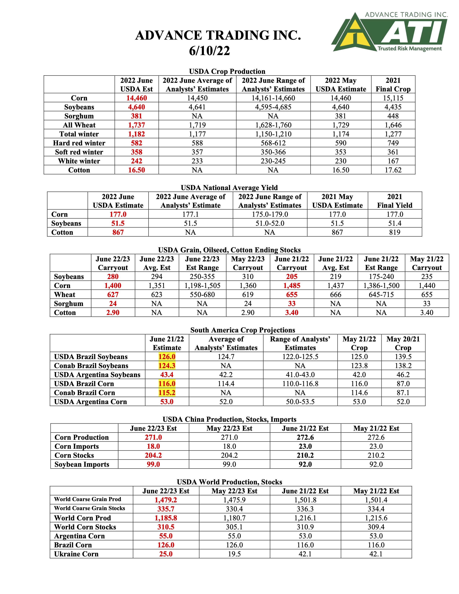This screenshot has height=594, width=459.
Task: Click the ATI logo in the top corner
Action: [389, 32]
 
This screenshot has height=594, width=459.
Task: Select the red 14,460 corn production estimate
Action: [136, 98]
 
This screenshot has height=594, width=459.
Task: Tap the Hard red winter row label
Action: [79, 143]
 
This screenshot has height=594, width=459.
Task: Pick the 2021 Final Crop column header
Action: [393, 85]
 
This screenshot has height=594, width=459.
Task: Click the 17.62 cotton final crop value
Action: [393, 170]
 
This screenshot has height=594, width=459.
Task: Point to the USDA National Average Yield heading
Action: [229, 188]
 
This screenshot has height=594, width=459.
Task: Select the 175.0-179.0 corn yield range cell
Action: [270, 214]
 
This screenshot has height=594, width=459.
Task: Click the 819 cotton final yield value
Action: [395, 232]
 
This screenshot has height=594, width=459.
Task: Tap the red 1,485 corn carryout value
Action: [292, 286]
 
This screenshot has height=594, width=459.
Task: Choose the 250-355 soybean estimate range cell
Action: [202, 277]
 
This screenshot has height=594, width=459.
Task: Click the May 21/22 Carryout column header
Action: [427, 263]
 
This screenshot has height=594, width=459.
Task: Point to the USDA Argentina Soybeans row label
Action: [97, 375]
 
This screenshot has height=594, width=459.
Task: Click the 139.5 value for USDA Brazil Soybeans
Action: [403, 357]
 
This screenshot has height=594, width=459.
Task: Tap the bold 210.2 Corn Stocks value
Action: [305, 455]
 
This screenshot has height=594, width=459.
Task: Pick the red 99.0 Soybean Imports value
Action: [153, 464]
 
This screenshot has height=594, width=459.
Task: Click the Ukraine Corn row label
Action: [76, 554]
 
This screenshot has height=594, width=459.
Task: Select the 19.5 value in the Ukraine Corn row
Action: [234, 554]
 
